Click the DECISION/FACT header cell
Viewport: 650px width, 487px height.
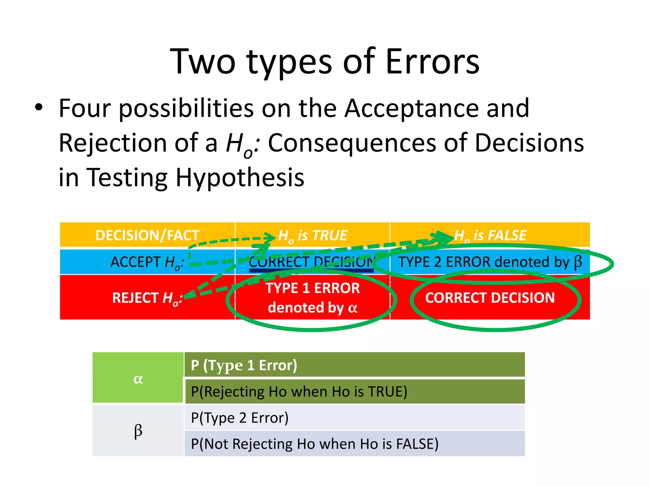[147, 235]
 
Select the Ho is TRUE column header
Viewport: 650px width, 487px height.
[313, 235]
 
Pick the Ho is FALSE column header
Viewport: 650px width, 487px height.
[490, 235]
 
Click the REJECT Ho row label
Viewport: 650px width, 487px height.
[147, 298]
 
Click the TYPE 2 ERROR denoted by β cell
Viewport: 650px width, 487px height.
[490, 262]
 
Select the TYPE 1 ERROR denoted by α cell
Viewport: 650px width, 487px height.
[313, 298]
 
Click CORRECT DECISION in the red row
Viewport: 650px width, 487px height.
[490, 298]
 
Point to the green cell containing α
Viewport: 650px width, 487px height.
[138, 378]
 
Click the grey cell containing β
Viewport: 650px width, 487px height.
[138, 431]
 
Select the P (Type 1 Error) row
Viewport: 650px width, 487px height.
[355, 365]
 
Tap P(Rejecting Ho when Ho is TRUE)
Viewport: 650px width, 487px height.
[355, 392]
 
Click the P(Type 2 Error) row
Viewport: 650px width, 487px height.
[355, 418]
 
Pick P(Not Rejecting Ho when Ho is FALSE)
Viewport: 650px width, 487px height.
[355, 444]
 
